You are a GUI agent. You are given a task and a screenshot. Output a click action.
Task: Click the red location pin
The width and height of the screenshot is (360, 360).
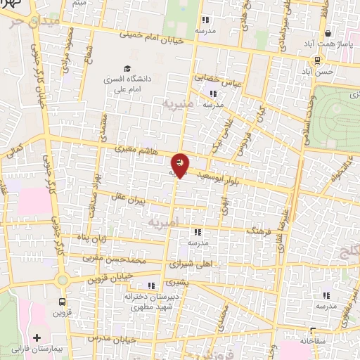(x=180, y=165)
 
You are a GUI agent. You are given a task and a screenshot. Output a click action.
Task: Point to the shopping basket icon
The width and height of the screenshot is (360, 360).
(x=328, y=33)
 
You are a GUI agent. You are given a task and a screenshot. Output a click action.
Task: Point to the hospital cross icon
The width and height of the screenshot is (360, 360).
(x=37, y=337)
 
